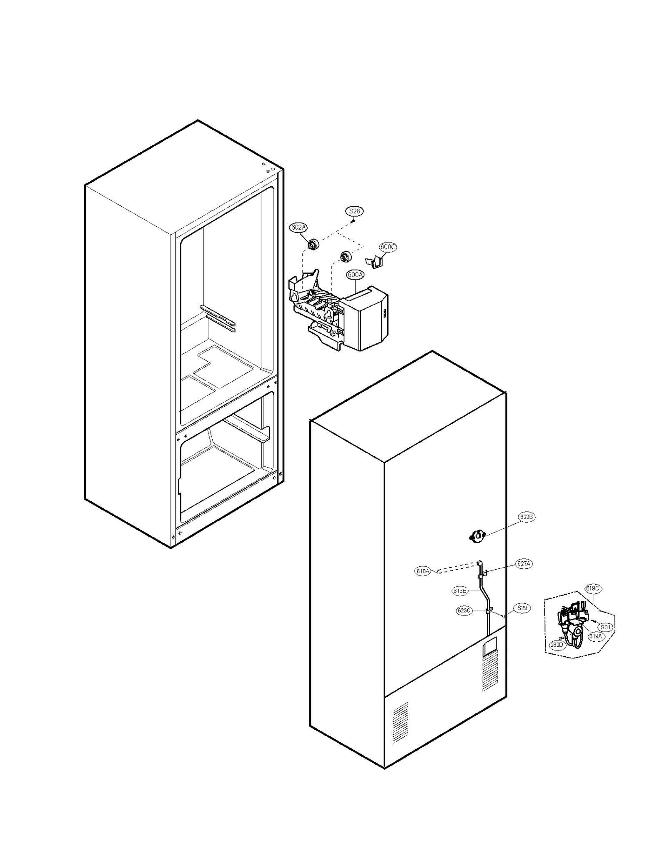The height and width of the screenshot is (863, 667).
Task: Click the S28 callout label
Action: pyautogui.click(x=354, y=211)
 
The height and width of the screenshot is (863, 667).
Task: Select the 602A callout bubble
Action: pyautogui.click(x=298, y=228)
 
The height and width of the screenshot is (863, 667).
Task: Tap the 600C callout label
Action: pyautogui.click(x=388, y=247)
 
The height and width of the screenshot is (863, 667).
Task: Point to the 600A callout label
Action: pyautogui.click(x=355, y=275)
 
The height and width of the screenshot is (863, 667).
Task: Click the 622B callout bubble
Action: pyautogui.click(x=526, y=517)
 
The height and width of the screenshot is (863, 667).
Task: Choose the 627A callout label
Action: pyautogui.click(x=524, y=564)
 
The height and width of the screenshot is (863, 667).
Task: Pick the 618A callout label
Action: pyautogui.click(x=423, y=571)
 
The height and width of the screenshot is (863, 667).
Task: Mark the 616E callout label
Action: pyautogui.click(x=460, y=591)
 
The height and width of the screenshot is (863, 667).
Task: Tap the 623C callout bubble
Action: pyautogui.click(x=464, y=611)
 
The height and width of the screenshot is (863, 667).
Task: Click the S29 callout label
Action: pyautogui.click(x=522, y=608)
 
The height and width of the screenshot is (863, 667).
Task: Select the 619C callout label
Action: pyautogui.click(x=592, y=589)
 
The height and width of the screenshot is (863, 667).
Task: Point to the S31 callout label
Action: pyautogui.click(x=605, y=627)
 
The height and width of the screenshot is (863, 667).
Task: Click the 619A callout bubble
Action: pyautogui.click(x=595, y=636)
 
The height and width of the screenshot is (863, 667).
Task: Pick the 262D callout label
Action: pyautogui.click(x=557, y=645)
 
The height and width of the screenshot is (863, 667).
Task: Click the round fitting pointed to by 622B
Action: pyautogui.click(x=477, y=536)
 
